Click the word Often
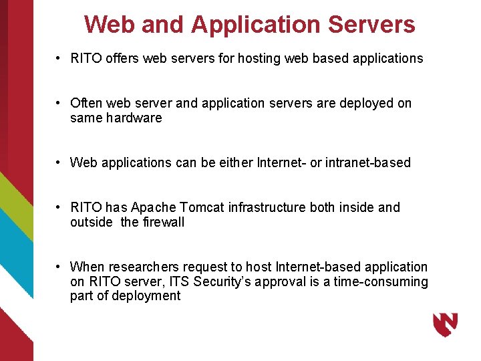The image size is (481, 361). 86,103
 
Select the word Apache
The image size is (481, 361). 152,207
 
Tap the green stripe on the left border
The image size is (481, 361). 15,201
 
